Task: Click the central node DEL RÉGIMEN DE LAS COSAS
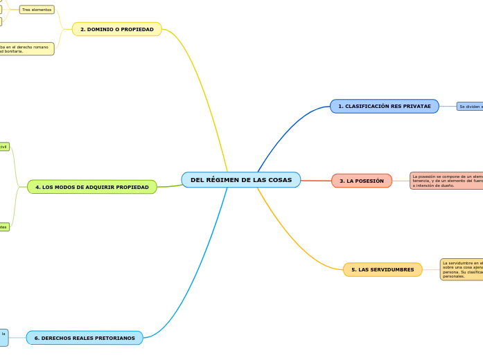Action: point(240,180)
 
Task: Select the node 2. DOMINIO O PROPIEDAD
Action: point(116,29)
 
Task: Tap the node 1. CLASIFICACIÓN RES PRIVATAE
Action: point(384,106)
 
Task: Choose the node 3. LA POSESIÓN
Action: point(361,181)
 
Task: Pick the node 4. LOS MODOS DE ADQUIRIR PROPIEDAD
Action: point(91,187)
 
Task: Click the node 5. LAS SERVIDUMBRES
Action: point(382,269)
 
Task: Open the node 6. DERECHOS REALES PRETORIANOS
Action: point(85,338)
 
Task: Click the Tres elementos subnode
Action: point(37,10)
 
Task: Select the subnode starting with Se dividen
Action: point(470,106)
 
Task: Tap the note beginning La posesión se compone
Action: point(446,181)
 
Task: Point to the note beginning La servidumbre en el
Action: point(462,269)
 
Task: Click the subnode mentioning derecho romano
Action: point(26,48)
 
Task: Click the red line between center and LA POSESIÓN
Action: point(316,181)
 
